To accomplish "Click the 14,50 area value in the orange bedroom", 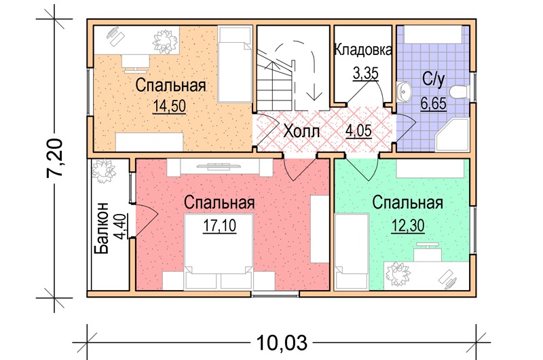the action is point(169,106).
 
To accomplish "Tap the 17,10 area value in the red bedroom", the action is point(219,226).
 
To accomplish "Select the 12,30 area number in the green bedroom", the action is point(408,226).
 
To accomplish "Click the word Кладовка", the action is point(363,50).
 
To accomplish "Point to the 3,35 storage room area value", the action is point(365,73).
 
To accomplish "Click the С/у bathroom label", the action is point(433,79).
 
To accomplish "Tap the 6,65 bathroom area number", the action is point(433,103).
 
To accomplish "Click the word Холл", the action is point(301,131).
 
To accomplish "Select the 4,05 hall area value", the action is point(358,130).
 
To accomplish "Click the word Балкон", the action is point(102,228).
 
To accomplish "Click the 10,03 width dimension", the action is point(282,342).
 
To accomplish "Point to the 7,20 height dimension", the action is point(55,158).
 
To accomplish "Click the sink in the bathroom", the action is point(403,91).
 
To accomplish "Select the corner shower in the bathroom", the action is point(452,134).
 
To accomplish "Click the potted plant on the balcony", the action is point(103,170).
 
